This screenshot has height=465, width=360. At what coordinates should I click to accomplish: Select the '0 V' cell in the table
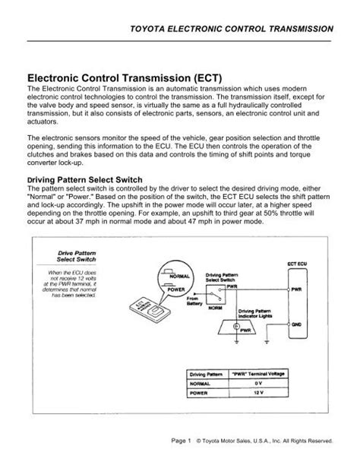coord(248,384)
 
